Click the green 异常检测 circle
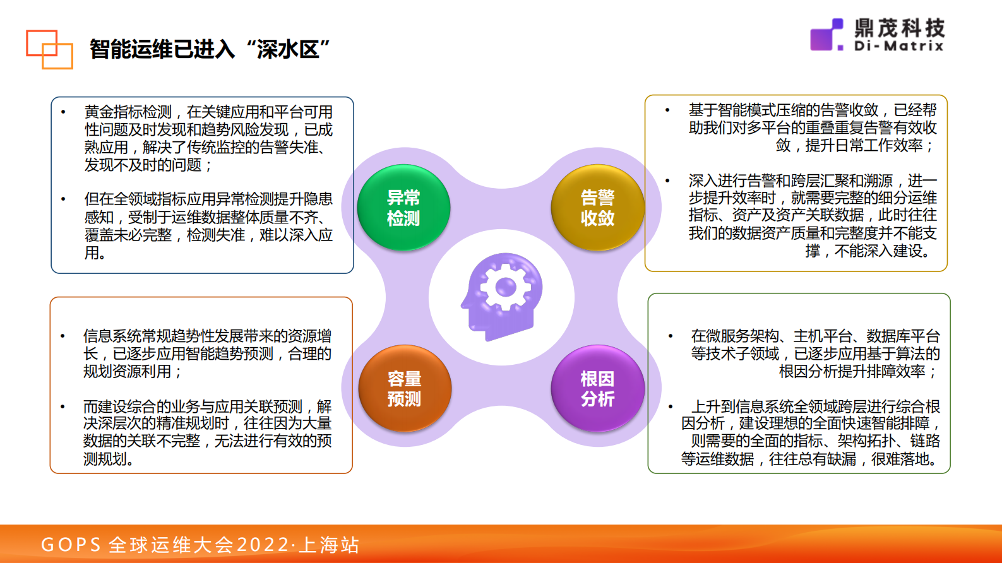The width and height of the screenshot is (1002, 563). (403, 208)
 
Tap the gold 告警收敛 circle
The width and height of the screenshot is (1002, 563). (598, 208)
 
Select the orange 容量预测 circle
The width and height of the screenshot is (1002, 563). (405, 388)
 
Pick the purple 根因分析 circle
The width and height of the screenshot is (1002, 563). (598, 388)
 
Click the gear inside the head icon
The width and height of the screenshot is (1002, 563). (506, 287)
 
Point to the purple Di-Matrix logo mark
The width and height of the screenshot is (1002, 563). (826, 35)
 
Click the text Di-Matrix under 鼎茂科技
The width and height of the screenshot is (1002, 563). (898, 46)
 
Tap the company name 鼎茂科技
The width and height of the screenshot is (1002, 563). (900, 28)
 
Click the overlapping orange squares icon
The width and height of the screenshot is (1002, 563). (49, 49)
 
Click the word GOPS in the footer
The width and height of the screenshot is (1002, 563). (71, 545)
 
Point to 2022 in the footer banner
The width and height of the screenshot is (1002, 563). (263, 545)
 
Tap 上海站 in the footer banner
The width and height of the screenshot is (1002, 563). (329, 545)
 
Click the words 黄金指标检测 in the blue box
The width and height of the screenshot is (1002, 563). (128, 112)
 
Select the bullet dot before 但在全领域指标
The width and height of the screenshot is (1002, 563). (64, 199)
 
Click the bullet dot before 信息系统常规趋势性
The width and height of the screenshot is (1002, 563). (63, 335)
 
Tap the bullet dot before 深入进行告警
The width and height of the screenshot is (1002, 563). (667, 181)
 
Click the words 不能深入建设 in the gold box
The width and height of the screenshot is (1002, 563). (878, 251)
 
